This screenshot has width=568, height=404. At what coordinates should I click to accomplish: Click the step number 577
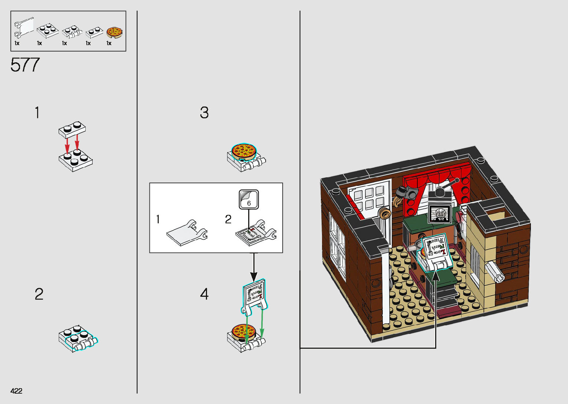point(25,65)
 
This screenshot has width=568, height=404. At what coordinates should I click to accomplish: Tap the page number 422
point(16,391)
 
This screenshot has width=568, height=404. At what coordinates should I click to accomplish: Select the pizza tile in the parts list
point(114,33)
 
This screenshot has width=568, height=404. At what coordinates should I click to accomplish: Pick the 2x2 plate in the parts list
point(48,30)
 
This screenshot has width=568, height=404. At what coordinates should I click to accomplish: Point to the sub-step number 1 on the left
point(37,112)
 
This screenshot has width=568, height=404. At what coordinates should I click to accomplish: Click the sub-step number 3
point(204,113)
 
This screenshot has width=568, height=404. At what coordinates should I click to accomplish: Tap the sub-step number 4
point(204,294)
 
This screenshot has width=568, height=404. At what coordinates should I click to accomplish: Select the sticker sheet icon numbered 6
point(249,200)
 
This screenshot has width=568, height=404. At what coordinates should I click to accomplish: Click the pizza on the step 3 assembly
point(244,151)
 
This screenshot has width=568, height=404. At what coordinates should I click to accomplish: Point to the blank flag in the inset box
point(185,233)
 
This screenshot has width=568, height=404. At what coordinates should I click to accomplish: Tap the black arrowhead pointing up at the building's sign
point(436,276)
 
